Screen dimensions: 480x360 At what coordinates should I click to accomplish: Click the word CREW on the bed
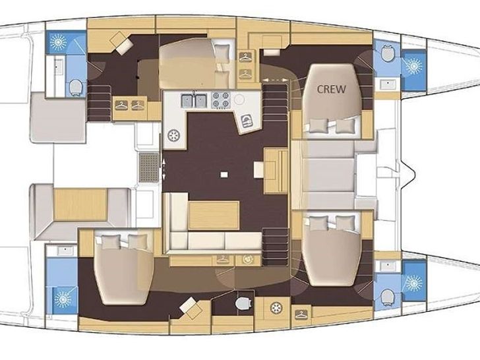click(331, 89)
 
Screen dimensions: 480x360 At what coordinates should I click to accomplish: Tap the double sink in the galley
click(194, 101)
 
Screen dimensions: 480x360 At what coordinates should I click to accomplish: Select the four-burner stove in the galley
click(221, 100)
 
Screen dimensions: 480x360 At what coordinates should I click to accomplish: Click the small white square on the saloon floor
click(224, 175)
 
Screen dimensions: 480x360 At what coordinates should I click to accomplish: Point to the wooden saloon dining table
click(214, 215)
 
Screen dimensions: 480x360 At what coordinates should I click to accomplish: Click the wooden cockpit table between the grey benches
click(80, 204)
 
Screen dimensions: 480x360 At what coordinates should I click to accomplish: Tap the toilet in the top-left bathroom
click(76, 87)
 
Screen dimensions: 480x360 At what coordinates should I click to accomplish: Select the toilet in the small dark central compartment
click(244, 303)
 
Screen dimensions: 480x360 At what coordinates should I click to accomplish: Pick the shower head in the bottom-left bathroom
click(63, 299)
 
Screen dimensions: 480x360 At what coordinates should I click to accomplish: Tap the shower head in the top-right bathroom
click(413, 66)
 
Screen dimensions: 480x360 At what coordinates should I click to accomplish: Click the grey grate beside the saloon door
click(149, 167)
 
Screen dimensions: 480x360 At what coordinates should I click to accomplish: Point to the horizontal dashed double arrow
click(275, 80)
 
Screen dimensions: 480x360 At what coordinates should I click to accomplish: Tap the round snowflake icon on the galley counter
click(174, 135)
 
